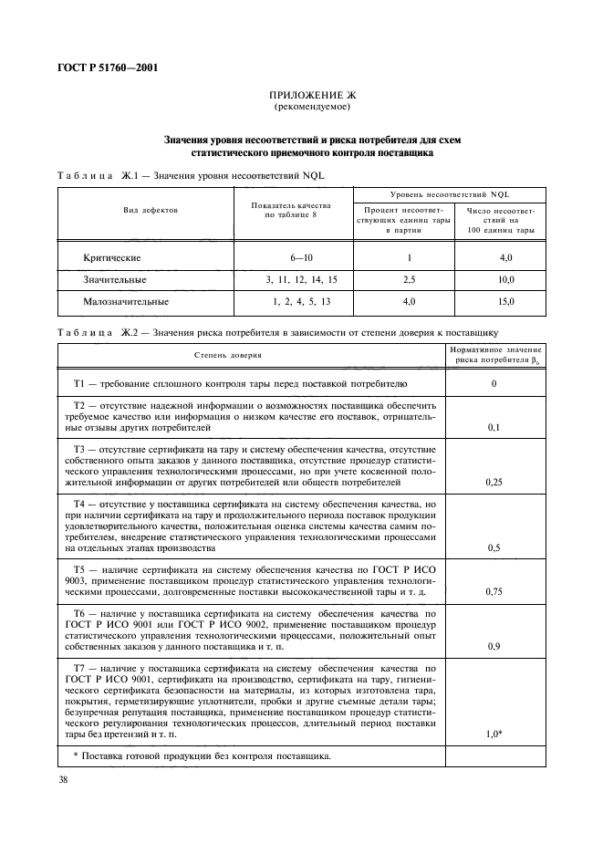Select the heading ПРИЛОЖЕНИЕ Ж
click(314, 96)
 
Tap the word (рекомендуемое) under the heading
click(314, 108)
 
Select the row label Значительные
click(114, 279)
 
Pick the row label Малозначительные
click(126, 300)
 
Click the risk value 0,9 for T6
click(494, 645)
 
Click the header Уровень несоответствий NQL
click(449, 194)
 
